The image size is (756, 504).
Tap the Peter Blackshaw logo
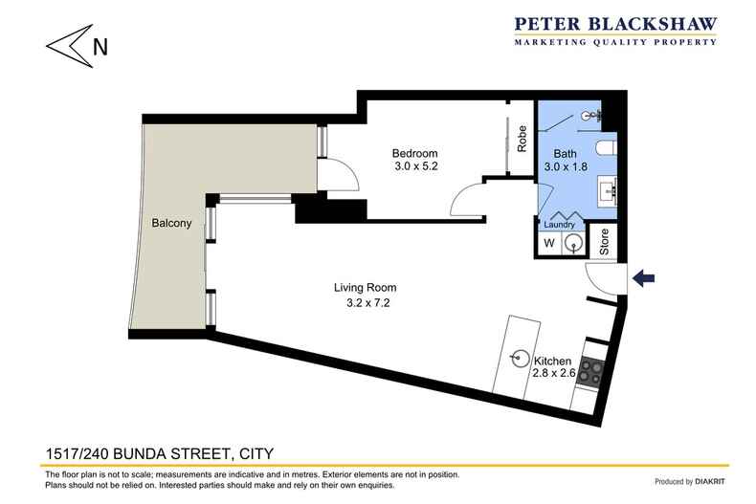click(617, 33)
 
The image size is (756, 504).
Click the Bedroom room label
click(414, 153)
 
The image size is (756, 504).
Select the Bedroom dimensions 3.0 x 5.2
click(414, 168)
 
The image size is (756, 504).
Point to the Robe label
click(523, 140)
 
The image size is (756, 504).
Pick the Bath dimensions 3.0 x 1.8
click(567, 168)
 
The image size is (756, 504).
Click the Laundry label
click(560, 226)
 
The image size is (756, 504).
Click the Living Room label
click(365, 287)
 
